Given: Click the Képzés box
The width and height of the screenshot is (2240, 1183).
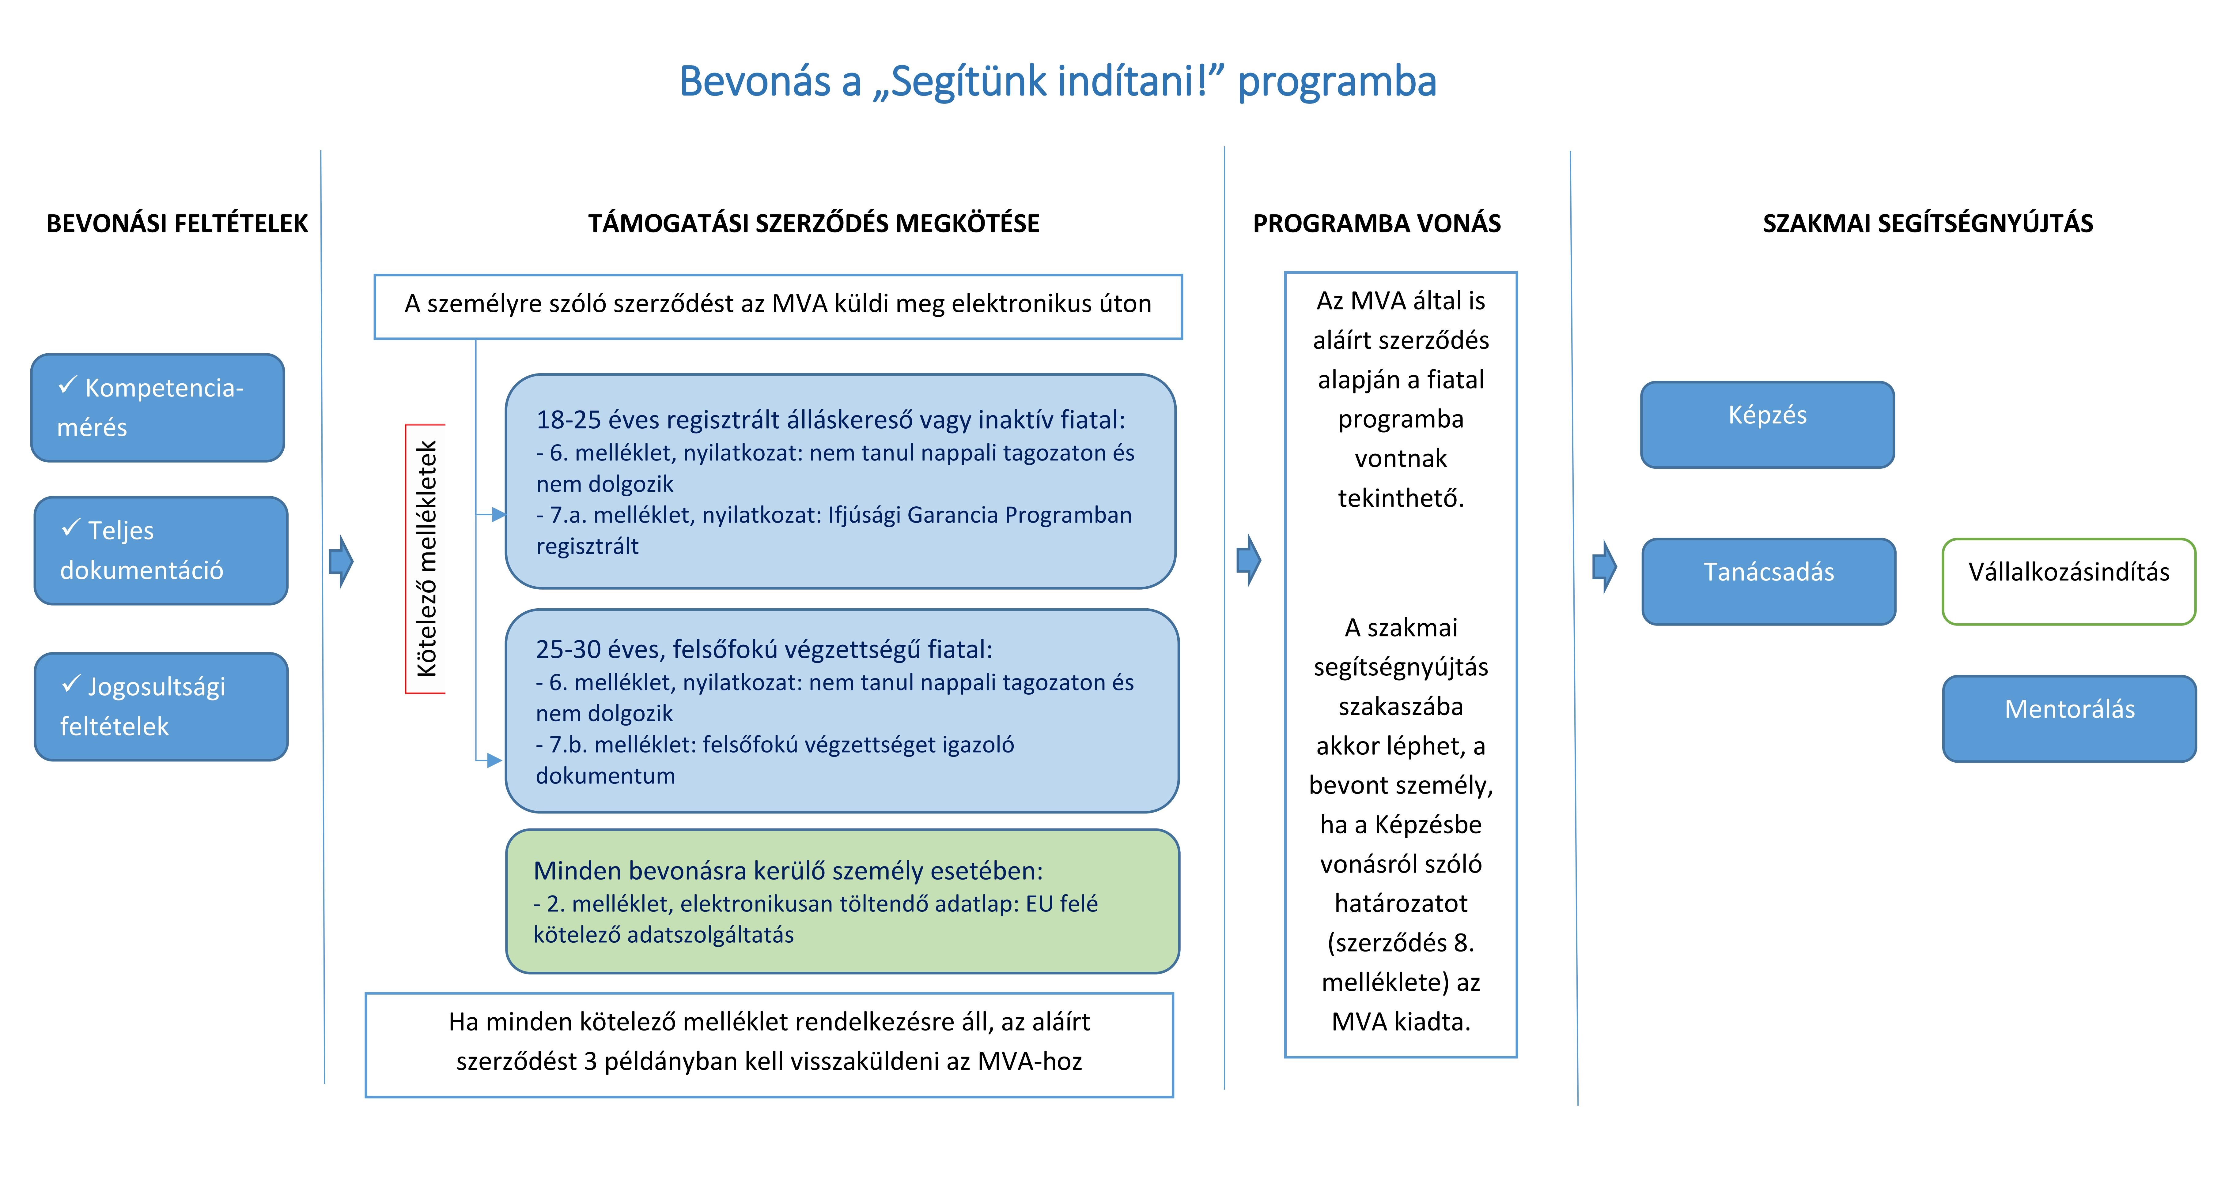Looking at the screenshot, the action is pos(1767,424).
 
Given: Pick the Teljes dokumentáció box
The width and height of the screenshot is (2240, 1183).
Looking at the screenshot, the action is pos(161,550).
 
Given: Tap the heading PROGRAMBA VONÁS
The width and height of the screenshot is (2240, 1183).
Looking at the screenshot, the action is pos(1376,223).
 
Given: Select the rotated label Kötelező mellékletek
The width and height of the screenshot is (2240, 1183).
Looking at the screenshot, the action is pos(426,559).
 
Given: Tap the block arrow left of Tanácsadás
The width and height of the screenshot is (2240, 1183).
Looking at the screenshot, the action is pos(1604,567).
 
